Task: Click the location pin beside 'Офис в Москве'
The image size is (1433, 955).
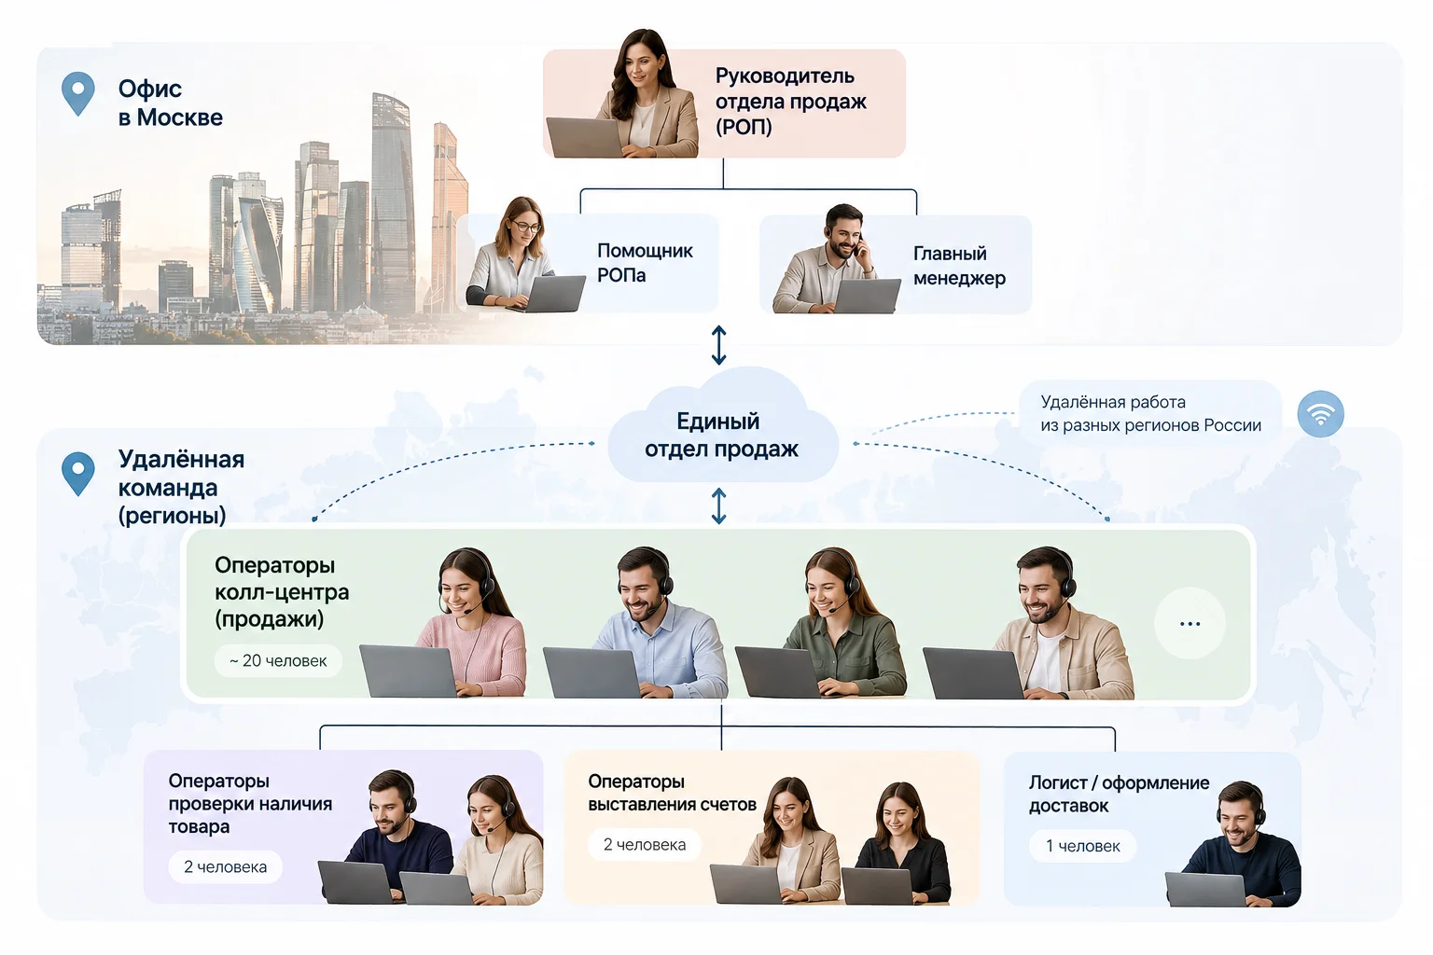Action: pyautogui.click(x=78, y=93)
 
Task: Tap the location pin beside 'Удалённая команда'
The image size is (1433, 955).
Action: pyautogui.click(x=78, y=474)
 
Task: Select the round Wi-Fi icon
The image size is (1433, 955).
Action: pyautogui.click(x=1320, y=414)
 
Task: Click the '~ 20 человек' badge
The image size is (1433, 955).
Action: pyautogui.click(x=278, y=661)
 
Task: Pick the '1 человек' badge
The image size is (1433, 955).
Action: pyautogui.click(x=1082, y=846)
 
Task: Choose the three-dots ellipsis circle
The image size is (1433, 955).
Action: pyautogui.click(x=1190, y=623)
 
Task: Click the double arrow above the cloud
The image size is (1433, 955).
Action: pyautogui.click(x=719, y=345)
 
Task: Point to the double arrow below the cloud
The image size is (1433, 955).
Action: pyautogui.click(x=719, y=506)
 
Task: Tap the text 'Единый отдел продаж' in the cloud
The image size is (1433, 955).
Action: pyautogui.click(x=721, y=435)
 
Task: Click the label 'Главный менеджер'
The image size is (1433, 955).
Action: pyautogui.click(x=959, y=266)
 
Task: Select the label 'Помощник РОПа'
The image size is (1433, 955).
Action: pyautogui.click(x=645, y=262)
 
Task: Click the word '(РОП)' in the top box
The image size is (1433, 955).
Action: pyautogui.click(x=744, y=127)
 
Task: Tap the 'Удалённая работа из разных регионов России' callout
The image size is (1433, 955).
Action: pyautogui.click(x=1150, y=413)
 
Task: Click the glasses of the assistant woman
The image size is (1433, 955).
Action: pyautogui.click(x=526, y=226)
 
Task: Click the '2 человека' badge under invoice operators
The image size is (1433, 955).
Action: pyautogui.click(x=645, y=845)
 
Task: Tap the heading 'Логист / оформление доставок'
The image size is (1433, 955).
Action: pyautogui.click(x=1119, y=794)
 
